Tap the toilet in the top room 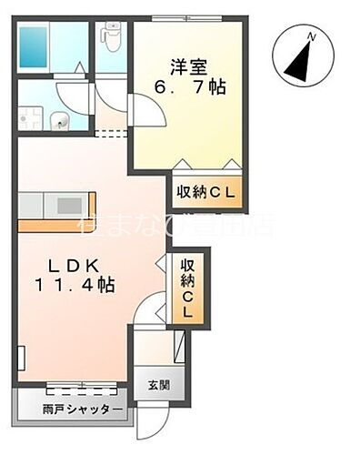pyautogui.click(x=111, y=36)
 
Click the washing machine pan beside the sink pyautogui.click(x=34, y=117)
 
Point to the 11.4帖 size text pyautogui.click(x=75, y=285)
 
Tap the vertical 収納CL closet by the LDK pyautogui.click(x=188, y=287)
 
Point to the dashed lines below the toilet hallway pyautogui.click(x=111, y=133)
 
